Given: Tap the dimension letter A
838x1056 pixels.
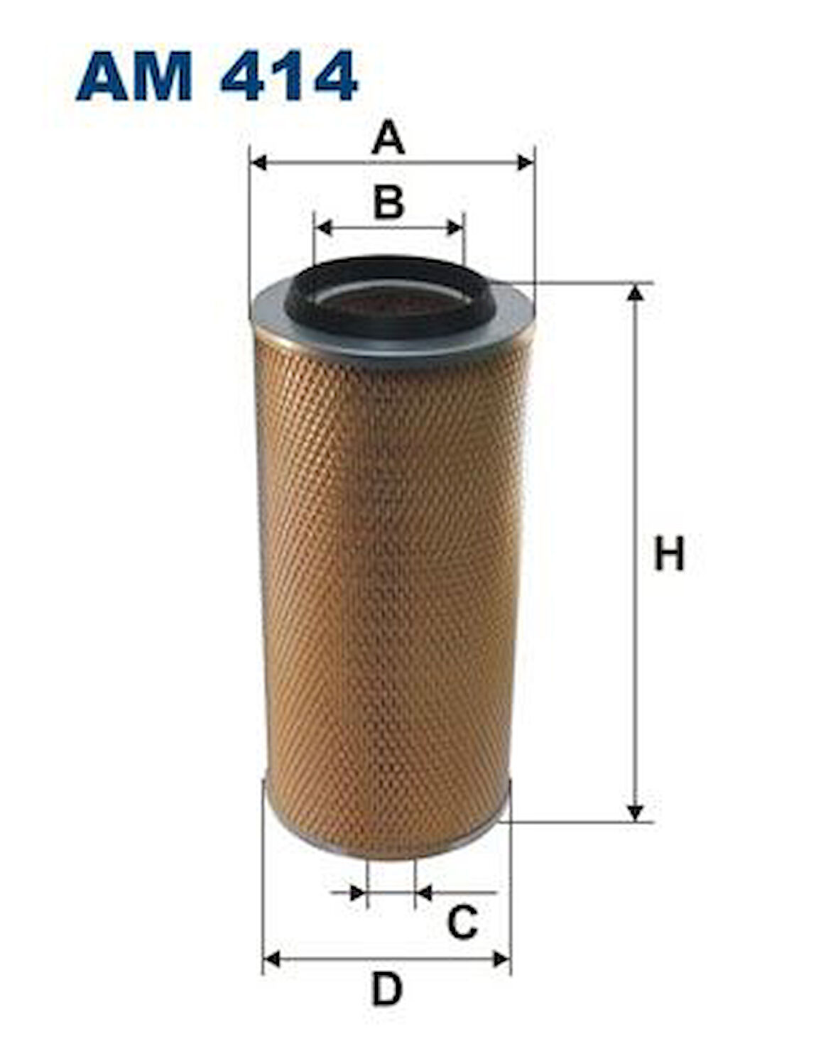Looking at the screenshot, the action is pyautogui.click(x=388, y=137).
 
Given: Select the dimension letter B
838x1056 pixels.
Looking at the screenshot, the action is pyautogui.click(x=388, y=202).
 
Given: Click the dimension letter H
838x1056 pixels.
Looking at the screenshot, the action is pyautogui.click(x=669, y=553).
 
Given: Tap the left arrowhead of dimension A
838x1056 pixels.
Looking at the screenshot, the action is pyautogui.click(x=258, y=163).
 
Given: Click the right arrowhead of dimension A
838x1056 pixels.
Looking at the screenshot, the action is pyautogui.click(x=526, y=163).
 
